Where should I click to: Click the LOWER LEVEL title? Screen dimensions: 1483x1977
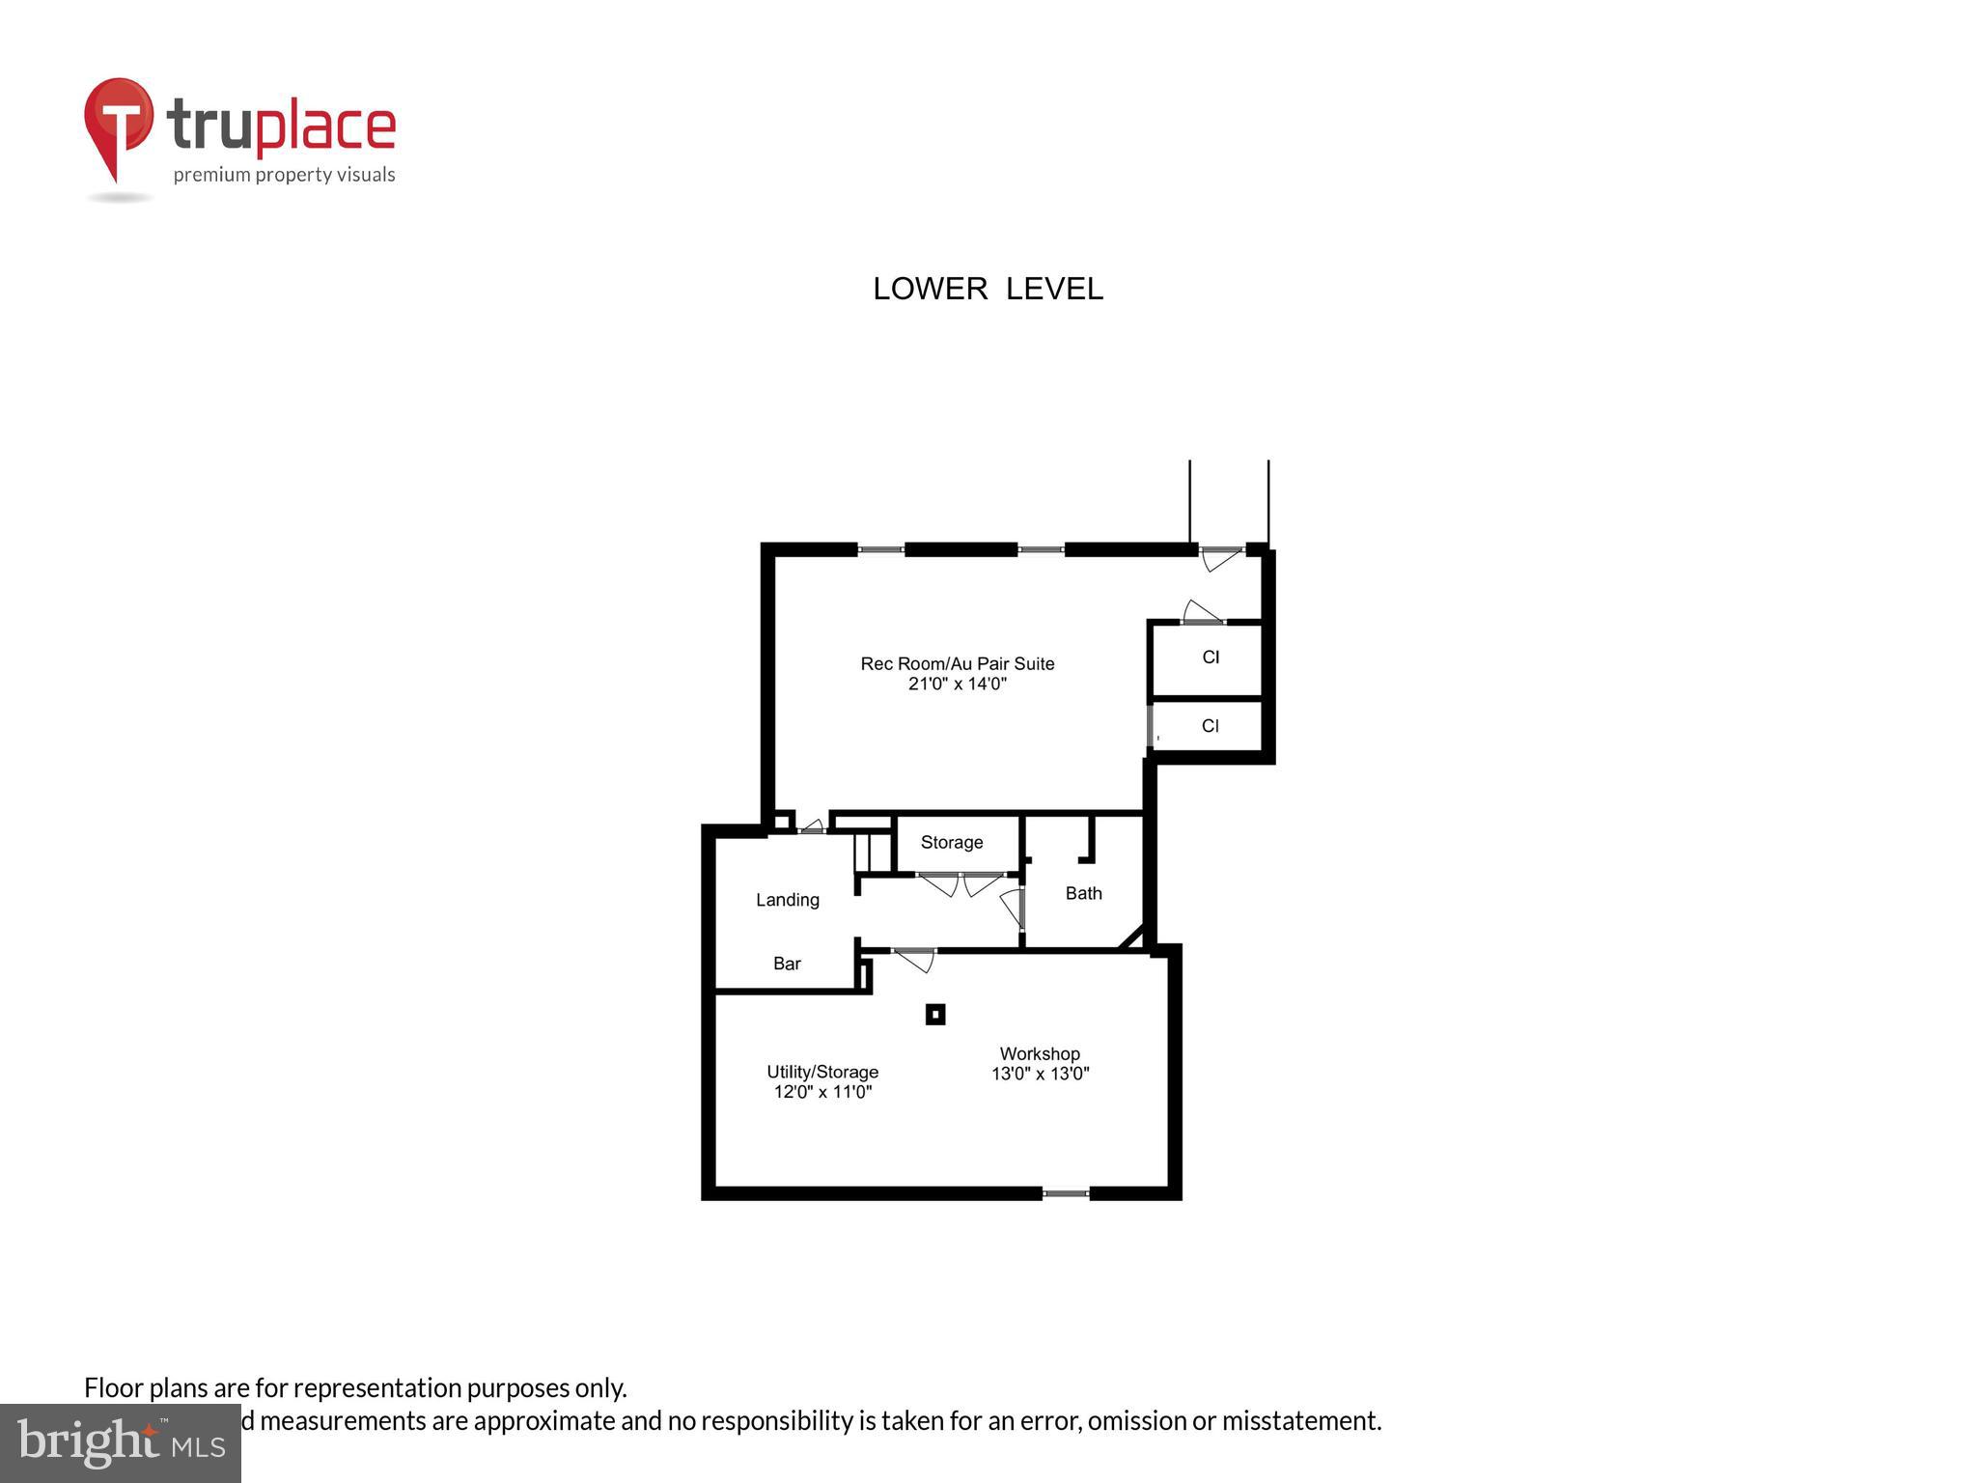[x=988, y=289]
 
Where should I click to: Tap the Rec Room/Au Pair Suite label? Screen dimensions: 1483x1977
[x=957, y=663]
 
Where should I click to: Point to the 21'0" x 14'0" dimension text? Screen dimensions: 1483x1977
[x=957, y=685]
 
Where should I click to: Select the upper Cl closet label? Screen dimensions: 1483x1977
[x=1211, y=658]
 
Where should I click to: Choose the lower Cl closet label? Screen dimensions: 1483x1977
[x=1211, y=726]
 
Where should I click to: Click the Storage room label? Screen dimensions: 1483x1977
[x=952, y=843]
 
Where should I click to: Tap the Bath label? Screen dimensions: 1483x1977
[x=1083, y=894]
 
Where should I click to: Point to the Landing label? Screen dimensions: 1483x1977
[x=788, y=900]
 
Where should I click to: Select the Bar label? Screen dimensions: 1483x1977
[x=787, y=964]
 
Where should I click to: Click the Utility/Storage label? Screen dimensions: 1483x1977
[x=822, y=1072]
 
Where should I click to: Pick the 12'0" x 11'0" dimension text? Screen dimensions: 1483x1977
[x=822, y=1093]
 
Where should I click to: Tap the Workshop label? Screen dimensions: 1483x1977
[x=1040, y=1054]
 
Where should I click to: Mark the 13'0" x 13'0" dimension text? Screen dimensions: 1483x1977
[x=1040, y=1074]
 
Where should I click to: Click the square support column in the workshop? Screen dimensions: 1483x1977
[x=934, y=1015]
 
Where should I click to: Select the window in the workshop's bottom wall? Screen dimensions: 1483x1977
[x=1066, y=1194]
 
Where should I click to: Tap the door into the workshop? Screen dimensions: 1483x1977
[x=914, y=959]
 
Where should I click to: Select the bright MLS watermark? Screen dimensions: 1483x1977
[x=121, y=1442]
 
